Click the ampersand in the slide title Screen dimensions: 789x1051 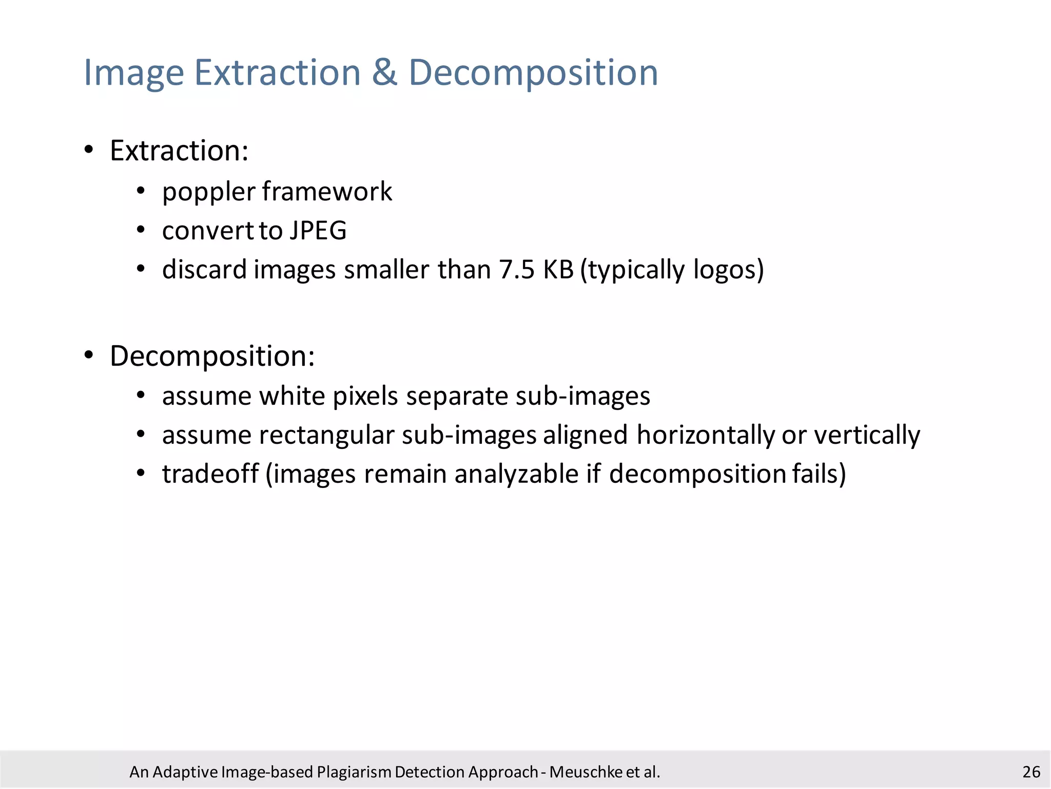[x=384, y=72]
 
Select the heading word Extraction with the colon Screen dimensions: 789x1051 [x=179, y=151]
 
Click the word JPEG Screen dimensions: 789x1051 [x=318, y=231]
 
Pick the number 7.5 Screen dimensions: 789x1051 [x=517, y=270]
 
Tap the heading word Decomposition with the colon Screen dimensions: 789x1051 [x=212, y=356]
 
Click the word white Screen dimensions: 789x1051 [x=291, y=396]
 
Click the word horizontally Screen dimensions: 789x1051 [x=706, y=436]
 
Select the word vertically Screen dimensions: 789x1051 [x=867, y=436]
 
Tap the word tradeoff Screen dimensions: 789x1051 [x=210, y=474]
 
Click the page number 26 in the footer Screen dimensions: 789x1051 [x=1031, y=772]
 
